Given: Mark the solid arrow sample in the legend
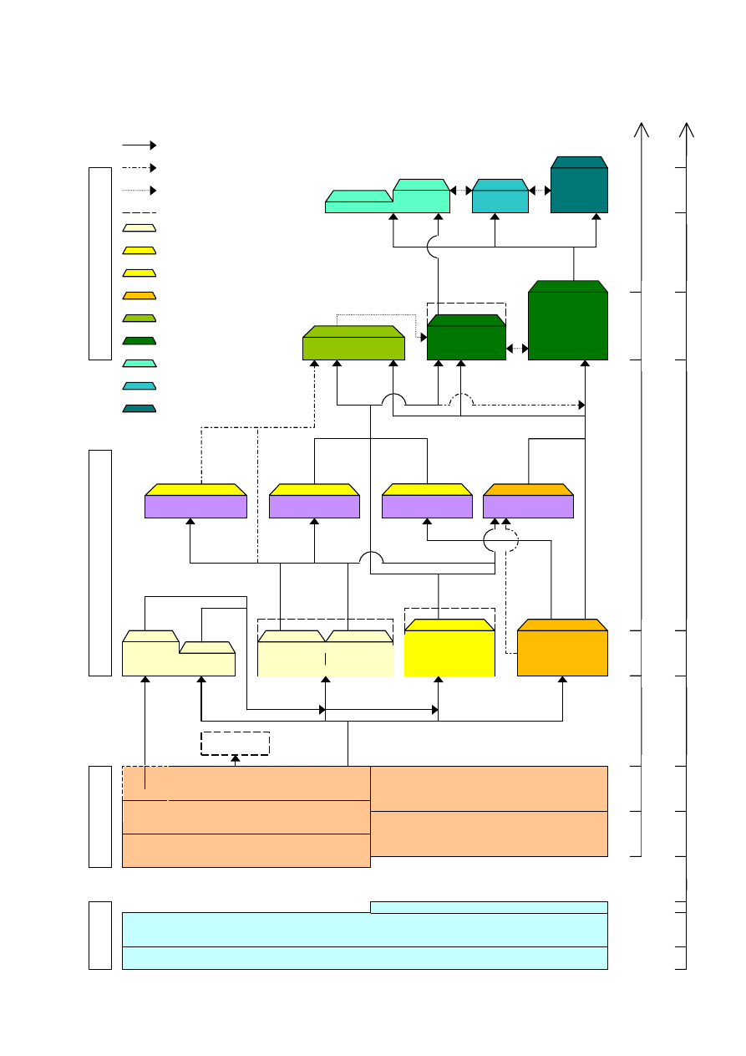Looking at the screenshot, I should point(139,145).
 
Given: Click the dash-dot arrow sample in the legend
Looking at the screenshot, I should point(139,168).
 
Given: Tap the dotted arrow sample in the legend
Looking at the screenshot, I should point(139,191).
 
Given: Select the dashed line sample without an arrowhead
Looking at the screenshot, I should point(139,213).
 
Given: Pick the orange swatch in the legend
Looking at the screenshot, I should point(139,295).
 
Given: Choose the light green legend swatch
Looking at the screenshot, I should point(139,318).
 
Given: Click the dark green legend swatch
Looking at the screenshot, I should point(139,340).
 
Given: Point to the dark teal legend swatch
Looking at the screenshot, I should point(139,408).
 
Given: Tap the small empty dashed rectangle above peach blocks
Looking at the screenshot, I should point(235,743).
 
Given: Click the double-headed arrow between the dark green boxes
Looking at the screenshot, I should point(517,348).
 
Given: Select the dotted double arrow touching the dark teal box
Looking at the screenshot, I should point(540,191).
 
